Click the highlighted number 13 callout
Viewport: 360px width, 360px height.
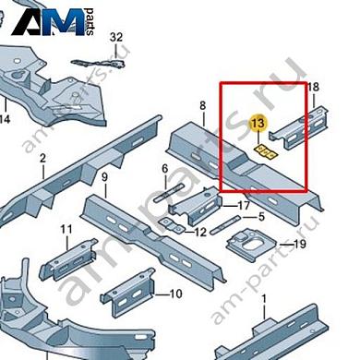pos(258,124)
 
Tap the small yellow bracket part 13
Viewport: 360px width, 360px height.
pos(265,152)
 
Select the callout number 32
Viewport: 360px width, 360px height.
pos(116,37)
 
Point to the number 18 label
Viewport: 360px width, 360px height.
pos(313,88)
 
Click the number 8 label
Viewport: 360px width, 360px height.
pos(202,106)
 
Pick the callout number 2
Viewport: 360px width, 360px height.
pos(42,159)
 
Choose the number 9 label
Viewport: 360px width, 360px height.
pos(105,177)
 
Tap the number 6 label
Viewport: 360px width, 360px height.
pos(165,169)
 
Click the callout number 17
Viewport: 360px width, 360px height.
pos(244,205)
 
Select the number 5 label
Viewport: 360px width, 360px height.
pos(261,217)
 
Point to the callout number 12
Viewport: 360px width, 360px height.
pos(200,232)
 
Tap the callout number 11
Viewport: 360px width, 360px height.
pos(66,229)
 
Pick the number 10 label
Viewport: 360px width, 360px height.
pos(175,294)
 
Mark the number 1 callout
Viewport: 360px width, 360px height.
pos(264,299)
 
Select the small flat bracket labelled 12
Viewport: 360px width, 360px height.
pos(172,226)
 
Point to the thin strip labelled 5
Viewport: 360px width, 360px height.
pos(224,224)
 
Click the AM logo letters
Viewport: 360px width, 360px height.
pos(49,21)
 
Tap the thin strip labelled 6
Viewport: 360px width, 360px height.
pos(169,193)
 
